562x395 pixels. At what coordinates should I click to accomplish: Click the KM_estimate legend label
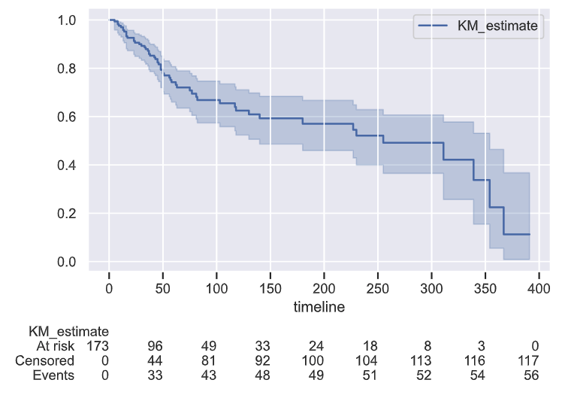coord(497,26)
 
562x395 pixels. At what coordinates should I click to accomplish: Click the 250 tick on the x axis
coord(377,287)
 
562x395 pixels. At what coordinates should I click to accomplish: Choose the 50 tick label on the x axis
coord(163,287)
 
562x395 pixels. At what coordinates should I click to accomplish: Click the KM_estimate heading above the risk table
coord(68,331)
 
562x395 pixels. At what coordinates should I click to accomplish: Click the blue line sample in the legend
coord(435,26)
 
